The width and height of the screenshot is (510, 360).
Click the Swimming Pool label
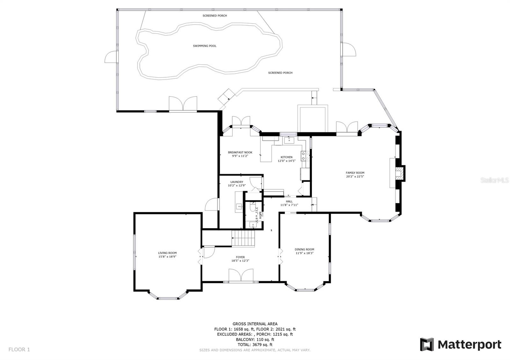tap(205, 46)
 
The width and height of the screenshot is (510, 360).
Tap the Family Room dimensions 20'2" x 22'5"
tap(355, 176)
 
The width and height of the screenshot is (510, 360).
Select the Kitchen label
tap(287, 157)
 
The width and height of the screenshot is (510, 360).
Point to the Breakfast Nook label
tap(240, 153)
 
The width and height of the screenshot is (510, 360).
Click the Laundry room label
tap(237, 182)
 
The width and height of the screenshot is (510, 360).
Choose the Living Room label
tap(167, 253)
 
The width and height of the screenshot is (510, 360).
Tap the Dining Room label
tap(304, 249)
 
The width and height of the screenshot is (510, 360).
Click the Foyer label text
tap(240, 257)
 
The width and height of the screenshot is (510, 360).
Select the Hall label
tap(289, 201)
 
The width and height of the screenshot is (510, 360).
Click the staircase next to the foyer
tap(243, 238)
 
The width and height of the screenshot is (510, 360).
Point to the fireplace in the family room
tap(400, 173)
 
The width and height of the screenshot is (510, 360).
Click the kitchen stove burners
tap(305, 156)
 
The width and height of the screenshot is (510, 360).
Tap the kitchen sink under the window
tap(289, 140)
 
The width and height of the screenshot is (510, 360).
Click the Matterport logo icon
tap(427, 344)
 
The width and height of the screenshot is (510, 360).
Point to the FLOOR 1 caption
tap(19, 349)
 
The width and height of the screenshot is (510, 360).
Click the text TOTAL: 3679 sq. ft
tap(255, 345)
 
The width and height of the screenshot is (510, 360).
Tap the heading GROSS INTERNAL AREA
tap(255, 324)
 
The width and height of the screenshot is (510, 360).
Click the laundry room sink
tap(239, 207)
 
